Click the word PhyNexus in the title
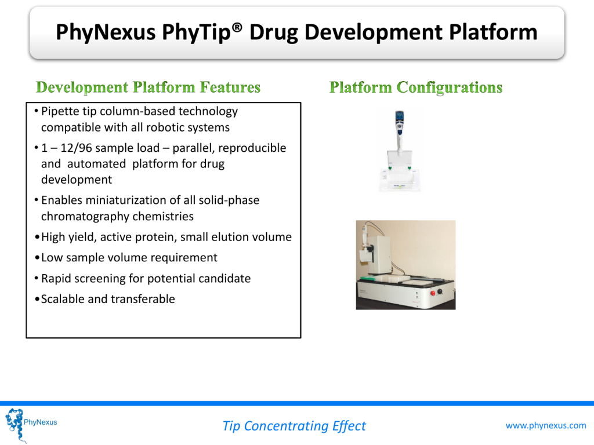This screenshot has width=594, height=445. (106, 32)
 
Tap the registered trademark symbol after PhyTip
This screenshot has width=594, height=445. (237, 27)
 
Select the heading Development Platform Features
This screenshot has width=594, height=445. (148, 87)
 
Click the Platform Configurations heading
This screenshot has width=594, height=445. (415, 87)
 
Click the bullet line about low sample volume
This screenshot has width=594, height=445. (129, 258)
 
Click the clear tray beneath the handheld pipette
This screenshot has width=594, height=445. (399, 180)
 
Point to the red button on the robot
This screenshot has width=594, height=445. (433, 293)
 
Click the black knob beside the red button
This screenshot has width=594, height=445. (440, 292)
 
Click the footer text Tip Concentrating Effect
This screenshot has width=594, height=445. (294, 426)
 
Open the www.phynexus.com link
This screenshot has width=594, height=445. (545, 426)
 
